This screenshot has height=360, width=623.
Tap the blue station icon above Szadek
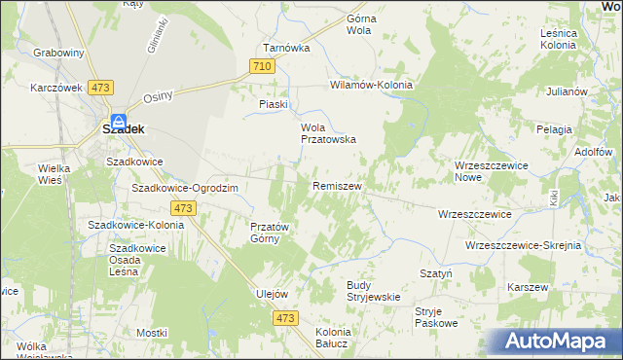click(118, 122)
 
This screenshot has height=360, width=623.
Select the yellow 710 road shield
click(260, 66)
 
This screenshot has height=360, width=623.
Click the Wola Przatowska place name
click(326, 133)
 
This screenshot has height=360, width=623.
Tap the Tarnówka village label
click(286, 47)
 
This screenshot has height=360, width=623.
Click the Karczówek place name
click(55, 88)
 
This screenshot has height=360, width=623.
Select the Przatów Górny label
click(265, 233)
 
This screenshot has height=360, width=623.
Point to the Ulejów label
click(272, 294)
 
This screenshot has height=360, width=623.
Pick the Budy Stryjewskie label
click(374, 291)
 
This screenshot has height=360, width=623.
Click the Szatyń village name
click(435, 274)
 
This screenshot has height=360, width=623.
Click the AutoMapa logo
click(559, 342)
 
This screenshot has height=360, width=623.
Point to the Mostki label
click(153, 333)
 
